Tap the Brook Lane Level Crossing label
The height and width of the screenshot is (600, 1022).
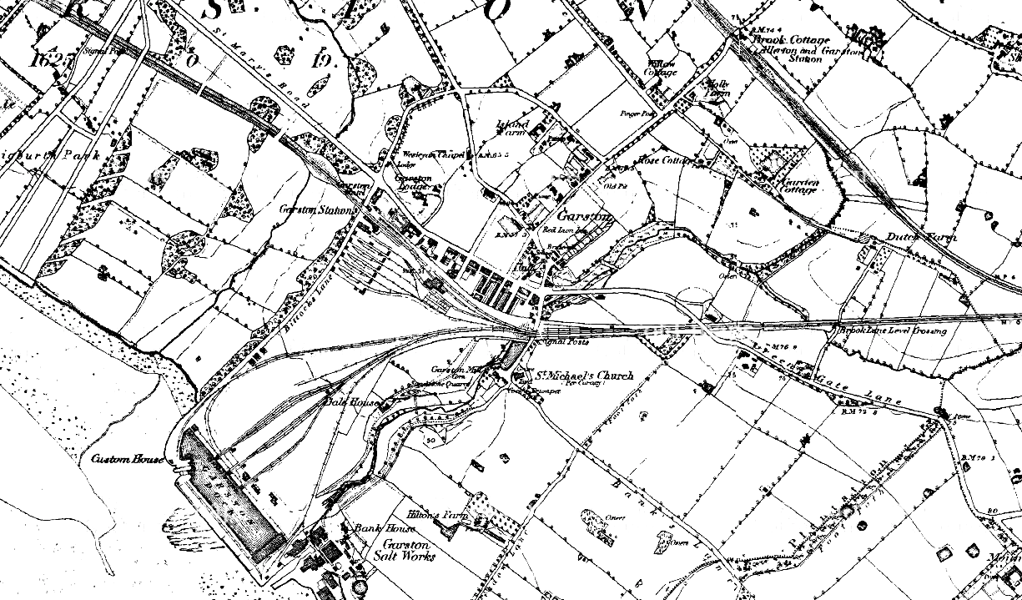pos(895,330)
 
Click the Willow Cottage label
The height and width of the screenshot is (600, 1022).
pos(664,68)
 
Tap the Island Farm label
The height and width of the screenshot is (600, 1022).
pos(513,128)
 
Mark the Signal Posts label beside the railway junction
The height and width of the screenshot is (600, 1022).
pos(561,341)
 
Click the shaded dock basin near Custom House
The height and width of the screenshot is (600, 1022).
pos(230,493)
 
